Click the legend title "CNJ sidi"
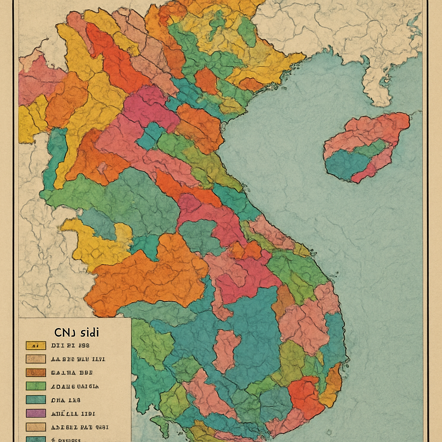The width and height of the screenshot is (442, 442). [x=76, y=332]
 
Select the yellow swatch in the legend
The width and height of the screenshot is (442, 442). [x=36, y=345]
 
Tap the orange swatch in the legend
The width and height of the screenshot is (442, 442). [x=36, y=373]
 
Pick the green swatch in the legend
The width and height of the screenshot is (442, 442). [x=36, y=386]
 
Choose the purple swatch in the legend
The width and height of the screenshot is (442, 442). [x=36, y=413]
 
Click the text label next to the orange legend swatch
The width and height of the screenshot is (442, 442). [x=72, y=373]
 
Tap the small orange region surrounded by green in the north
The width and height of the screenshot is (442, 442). [x=206, y=80]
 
